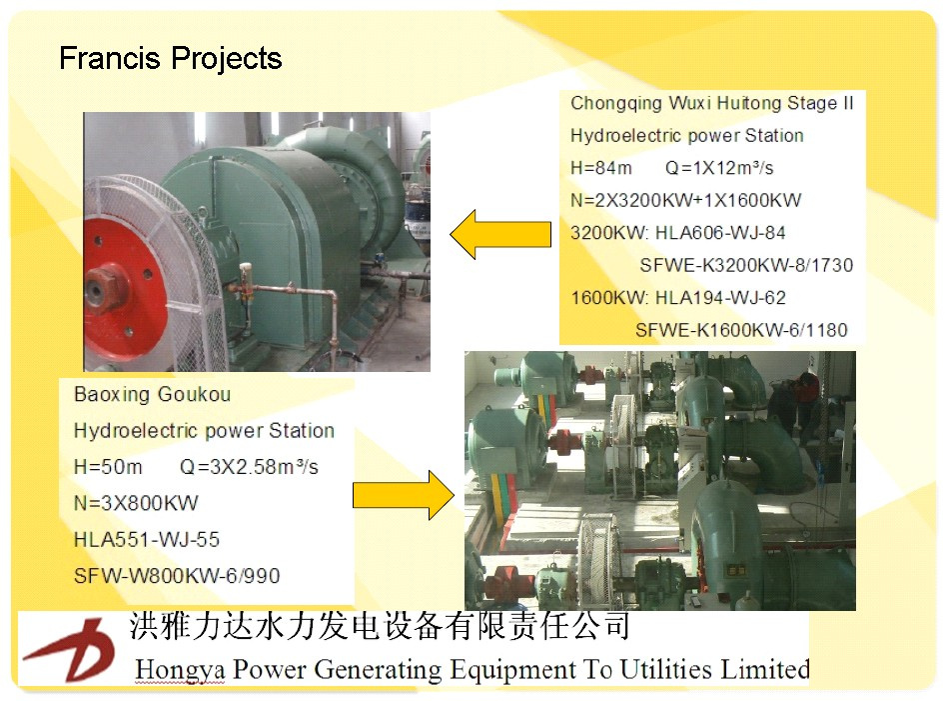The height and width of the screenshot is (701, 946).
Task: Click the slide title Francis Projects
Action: [x=170, y=59]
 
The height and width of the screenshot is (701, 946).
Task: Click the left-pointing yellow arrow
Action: [x=500, y=234]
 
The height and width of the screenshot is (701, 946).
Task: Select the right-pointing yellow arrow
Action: [x=404, y=496]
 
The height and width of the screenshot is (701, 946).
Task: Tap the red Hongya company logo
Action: [x=70, y=649]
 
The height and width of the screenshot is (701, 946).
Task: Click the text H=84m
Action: [x=601, y=168]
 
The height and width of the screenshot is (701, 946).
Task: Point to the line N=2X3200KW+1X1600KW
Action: [x=685, y=200]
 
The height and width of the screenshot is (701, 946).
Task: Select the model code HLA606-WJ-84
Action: [x=720, y=233]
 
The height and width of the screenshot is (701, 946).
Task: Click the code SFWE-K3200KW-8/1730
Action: [x=746, y=265]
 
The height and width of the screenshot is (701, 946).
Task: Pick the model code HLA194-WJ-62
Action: [x=720, y=298]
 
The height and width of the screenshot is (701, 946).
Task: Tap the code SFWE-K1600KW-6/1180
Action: [x=741, y=330]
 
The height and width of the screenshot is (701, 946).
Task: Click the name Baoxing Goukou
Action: [x=152, y=395]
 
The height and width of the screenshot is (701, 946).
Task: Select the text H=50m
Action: [x=108, y=467]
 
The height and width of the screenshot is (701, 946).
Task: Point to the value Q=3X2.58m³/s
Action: [x=249, y=467]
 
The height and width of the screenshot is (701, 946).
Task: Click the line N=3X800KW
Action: [x=136, y=503]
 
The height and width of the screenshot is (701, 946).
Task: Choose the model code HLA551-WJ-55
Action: [x=147, y=539]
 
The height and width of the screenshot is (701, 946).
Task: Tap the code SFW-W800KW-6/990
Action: [x=177, y=575]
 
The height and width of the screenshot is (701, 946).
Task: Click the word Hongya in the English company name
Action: [x=181, y=670]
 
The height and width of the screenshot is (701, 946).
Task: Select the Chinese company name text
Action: [x=380, y=625]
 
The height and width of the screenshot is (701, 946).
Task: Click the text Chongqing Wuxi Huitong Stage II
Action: [x=712, y=103]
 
